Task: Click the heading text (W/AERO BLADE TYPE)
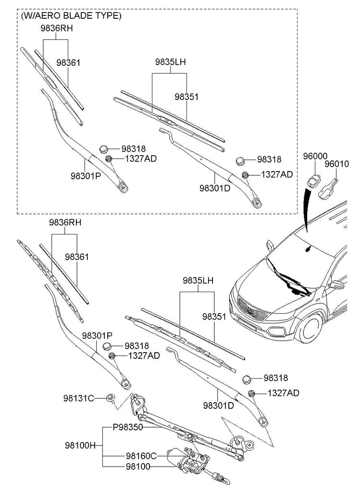click(x=71, y=16)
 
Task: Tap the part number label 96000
click(x=315, y=157)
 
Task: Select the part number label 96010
click(x=336, y=164)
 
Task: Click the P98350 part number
click(x=128, y=427)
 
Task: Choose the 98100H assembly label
click(x=80, y=445)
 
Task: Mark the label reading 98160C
click(x=141, y=455)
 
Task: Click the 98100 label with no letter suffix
click(x=138, y=467)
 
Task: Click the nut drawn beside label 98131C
click(x=110, y=397)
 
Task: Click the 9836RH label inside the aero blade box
click(x=56, y=28)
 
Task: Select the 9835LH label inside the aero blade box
click(x=170, y=62)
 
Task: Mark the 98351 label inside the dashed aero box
click(x=186, y=97)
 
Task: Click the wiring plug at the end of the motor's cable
click(x=221, y=478)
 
